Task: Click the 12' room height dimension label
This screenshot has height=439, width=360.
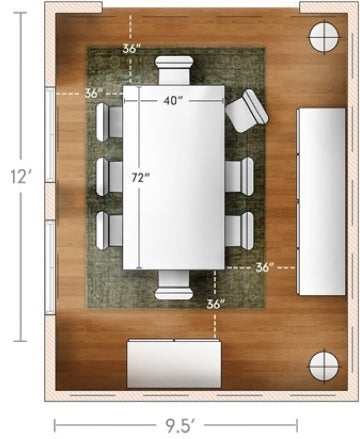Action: [21, 176]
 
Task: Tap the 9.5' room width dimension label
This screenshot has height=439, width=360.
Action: [180, 425]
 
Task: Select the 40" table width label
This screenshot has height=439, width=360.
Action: [172, 100]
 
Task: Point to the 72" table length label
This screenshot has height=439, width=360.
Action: [140, 178]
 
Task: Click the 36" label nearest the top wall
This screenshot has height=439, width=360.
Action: [130, 49]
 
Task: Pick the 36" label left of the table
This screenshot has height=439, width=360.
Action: [93, 93]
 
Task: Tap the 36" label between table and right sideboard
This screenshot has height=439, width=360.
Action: [265, 267]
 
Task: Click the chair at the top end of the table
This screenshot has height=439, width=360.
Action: [174, 70]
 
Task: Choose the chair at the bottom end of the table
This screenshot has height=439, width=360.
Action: [174, 284]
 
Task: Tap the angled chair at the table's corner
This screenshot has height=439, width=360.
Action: [247, 110]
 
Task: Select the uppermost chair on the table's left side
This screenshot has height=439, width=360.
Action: [109, 121]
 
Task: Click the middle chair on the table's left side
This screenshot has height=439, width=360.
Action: [109, 177]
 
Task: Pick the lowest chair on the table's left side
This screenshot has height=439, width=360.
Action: [109, 231]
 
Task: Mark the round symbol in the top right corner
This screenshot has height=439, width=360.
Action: [324, 36]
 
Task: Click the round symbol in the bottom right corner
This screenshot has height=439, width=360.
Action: [324, 366]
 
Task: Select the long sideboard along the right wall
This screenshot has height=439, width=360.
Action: [321, 201]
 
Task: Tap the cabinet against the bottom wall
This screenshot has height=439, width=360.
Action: [174, 364]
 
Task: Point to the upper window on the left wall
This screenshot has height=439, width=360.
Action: [50, 135]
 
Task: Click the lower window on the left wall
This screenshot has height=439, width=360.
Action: [50, 267]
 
